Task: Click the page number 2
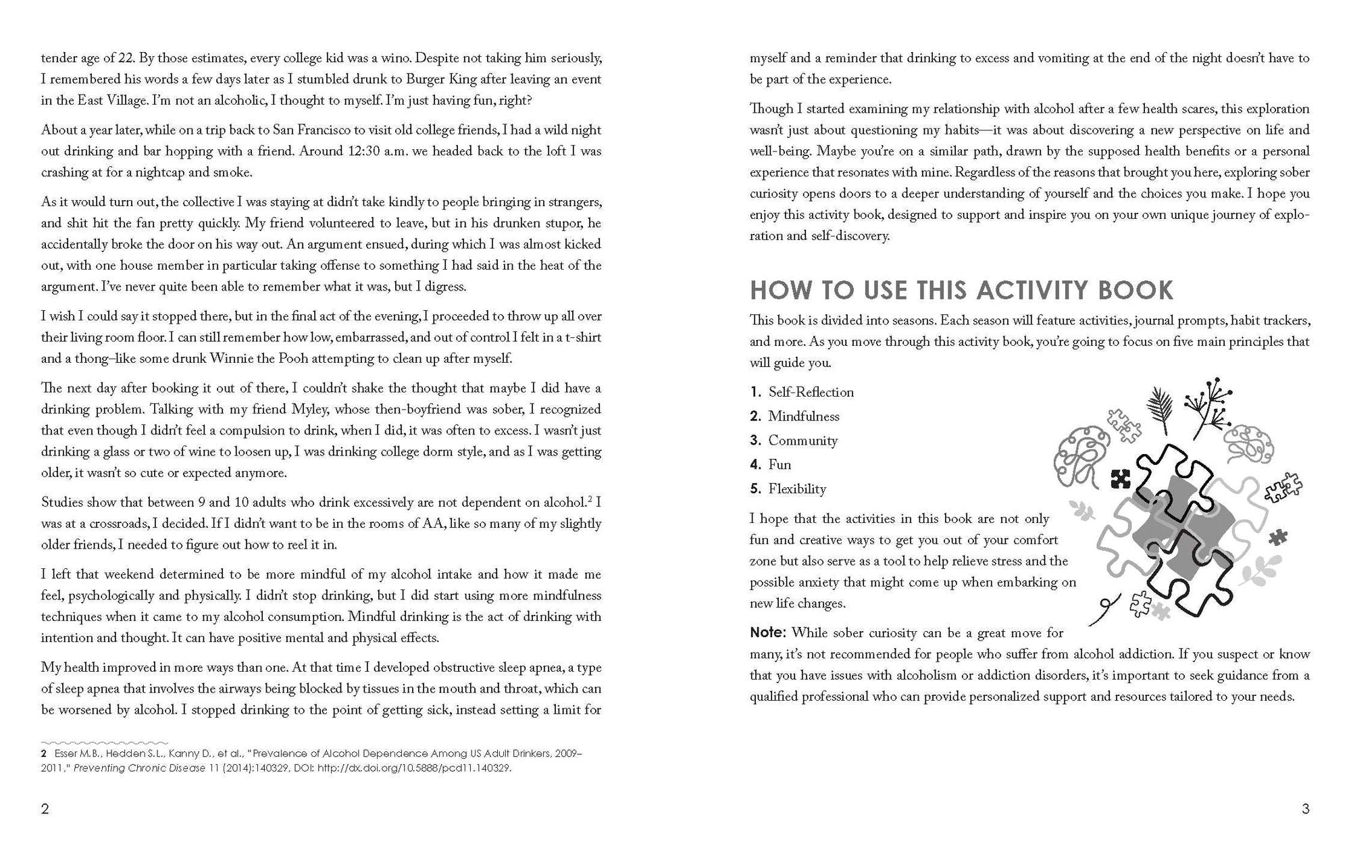tap(45, 809)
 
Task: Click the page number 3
tap(1305, 809)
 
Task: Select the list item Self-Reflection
tap(811, 392)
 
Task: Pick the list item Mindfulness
tap(803, 416)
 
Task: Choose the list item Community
tap(802, 441)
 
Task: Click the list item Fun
tap(780, 465)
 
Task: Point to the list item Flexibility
tap(797, 489)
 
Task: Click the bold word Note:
tap(768, 633)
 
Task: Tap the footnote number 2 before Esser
tap(43, 753)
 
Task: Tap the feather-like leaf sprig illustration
tap(1161, 408)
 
